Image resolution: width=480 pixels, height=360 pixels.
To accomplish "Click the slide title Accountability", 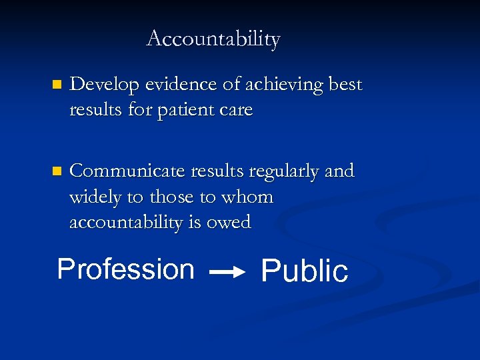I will click(213, 39).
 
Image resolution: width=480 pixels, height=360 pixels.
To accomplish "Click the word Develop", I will click(102, 85).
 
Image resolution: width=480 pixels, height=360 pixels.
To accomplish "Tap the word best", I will click(345, 85).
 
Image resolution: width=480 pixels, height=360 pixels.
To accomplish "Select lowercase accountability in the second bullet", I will click(126, 222).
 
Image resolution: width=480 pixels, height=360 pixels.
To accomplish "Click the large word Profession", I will click(125, 269).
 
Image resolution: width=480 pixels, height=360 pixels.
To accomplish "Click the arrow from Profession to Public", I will click(228, 272).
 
